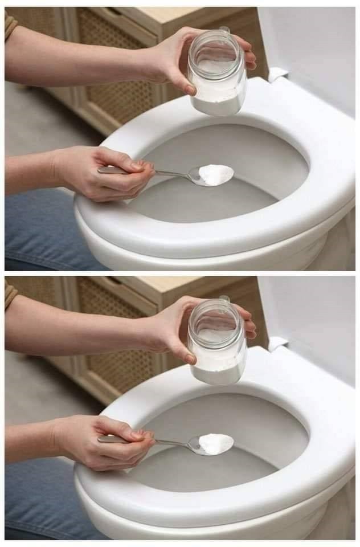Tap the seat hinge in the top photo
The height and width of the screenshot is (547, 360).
click(x=278, y=75)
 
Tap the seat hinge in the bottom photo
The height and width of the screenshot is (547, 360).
click(x=278, y=344)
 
